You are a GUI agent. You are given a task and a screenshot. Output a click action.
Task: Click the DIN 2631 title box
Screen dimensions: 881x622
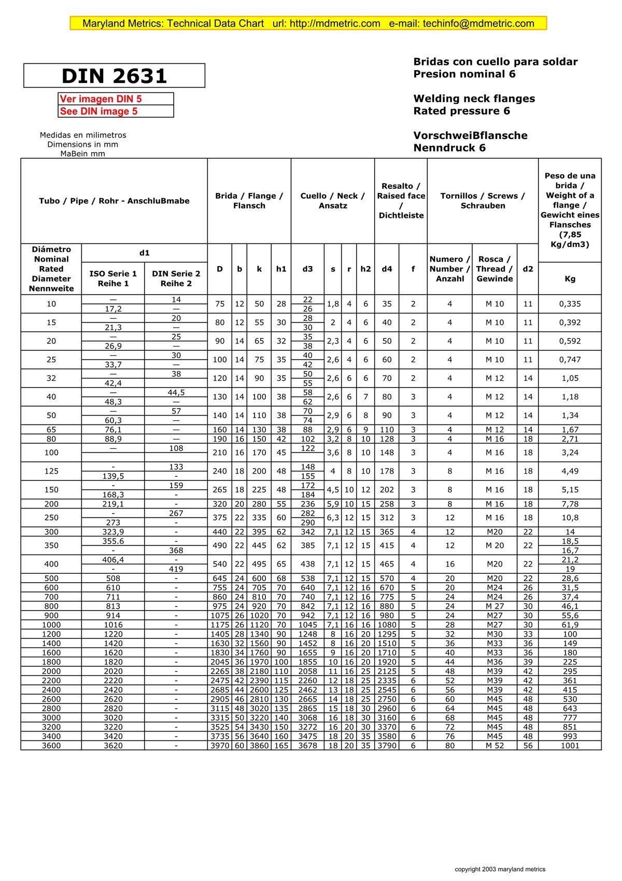pyautogui.click(x=114, y=76)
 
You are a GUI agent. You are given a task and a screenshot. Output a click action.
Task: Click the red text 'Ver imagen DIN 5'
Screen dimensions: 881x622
pyautogui.click(x=101, y=99)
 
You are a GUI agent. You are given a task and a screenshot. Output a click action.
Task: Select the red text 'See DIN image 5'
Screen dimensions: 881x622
pyautogui.click(x=99, y=111)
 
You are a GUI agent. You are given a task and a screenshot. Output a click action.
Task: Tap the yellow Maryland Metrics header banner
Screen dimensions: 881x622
pyautogui.click(x=308, y=23)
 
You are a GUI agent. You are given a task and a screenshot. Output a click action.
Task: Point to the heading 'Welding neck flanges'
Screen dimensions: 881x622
pyautogui.click(x=474, y=99)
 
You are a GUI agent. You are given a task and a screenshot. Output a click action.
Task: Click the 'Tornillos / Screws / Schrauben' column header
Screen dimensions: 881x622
pyautogui.click(x=483, y=201)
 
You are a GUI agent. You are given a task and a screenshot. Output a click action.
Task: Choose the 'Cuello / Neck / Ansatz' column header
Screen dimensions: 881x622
pyautogui.click(x=333, y=201)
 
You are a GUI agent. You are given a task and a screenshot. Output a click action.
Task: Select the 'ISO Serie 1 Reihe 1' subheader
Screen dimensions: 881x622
pyautogui.click(x=113, y=279)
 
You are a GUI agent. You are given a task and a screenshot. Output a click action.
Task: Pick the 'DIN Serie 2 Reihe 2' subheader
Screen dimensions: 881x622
pyautogui.click(x=176, y=279)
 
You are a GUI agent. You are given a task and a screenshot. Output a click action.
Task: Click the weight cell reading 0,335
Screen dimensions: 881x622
pyautogui.click(x=570, y=304)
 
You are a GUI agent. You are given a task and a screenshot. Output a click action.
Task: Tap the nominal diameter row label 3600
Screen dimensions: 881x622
pyautogui.click(x=51, y=746)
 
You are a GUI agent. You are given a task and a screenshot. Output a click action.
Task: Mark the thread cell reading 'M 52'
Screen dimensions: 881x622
pyautogui.click(x=494, y=746)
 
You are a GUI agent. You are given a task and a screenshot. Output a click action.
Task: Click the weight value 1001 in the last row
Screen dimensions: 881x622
pyautogui.click(x=570, y=746)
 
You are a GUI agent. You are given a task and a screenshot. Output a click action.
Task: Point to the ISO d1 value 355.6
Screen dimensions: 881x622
pyautogui.click(x=113, y=541)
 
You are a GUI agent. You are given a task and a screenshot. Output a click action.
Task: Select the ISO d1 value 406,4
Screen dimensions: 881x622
pyautogui.click(x=113, y=560)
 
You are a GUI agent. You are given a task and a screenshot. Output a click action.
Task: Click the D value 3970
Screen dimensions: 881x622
pyautogui.click(x=220, y=746)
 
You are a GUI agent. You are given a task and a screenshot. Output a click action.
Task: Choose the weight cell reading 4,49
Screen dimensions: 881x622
pyautogui.click(x=570, y=471)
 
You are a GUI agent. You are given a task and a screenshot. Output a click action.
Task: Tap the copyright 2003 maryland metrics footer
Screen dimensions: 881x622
pyautogui.click(x=500, y=869)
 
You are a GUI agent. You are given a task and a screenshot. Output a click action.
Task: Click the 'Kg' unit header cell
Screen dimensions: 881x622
pyautogui.click(x=570, y=279)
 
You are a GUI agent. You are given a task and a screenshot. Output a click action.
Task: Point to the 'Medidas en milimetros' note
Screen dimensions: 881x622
pyautogui.click(x=83, y=135)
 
